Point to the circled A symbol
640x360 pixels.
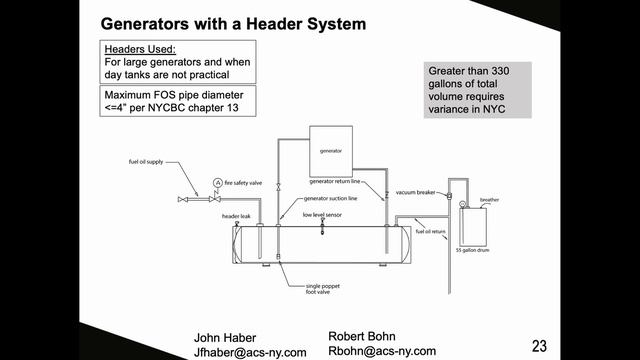tap(217, 183)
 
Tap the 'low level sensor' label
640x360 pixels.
tap(323, 213)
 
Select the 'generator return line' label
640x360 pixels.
tap(334, 182)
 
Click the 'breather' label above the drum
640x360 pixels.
tap(489, 199)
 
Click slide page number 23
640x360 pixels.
tap(540, 346)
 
